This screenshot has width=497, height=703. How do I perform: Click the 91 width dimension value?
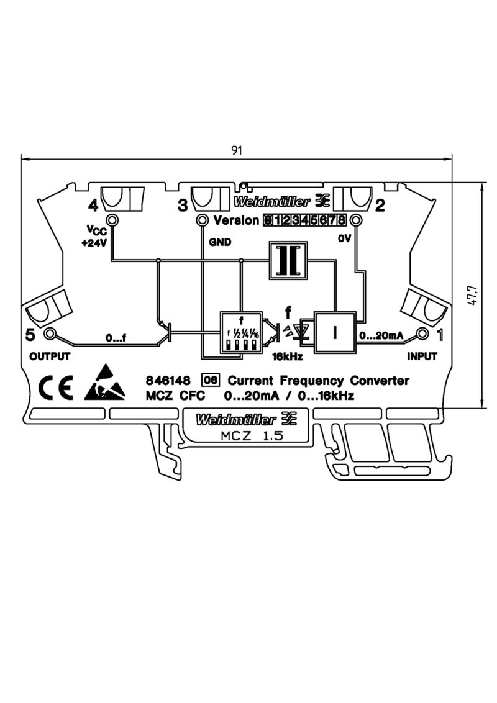pos(237,151)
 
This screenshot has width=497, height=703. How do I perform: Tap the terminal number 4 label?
pos(94,205)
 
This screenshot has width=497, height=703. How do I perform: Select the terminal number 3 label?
pos(182,205)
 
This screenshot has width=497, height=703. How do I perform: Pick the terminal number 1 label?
pos(440,335)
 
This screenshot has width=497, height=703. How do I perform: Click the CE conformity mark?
pos(56,387)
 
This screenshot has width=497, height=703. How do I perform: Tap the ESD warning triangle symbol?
pos(107,384)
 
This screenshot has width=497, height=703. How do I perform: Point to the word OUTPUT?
pos(50,356)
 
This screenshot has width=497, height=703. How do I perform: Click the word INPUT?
pos(422,356)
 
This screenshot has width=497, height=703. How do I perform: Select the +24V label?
pos(94,243)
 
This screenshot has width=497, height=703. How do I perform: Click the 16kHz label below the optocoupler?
pos(287,357)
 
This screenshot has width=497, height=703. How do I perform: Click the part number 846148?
pos(164,381)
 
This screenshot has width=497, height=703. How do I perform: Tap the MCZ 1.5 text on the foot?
pos(252,436)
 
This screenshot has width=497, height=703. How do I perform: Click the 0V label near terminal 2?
pos(344,238)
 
